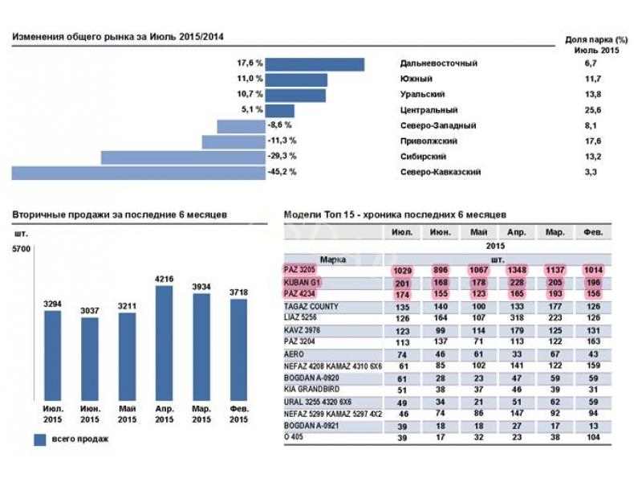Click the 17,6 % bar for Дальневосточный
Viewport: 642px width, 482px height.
[x=315, y=64]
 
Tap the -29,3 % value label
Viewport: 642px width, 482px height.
[x=282, y=157]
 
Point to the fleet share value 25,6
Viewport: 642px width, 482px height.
[x=593, y=110]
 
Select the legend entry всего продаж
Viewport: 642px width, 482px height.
[x=74, y=439]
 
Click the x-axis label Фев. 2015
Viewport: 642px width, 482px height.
[x=239, y=415]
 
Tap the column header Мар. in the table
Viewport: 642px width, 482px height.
[x=552, y=233]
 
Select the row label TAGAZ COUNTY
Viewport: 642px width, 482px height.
[x=311, y=307]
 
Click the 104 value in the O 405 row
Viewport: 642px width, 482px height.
[x=592, y=438]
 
